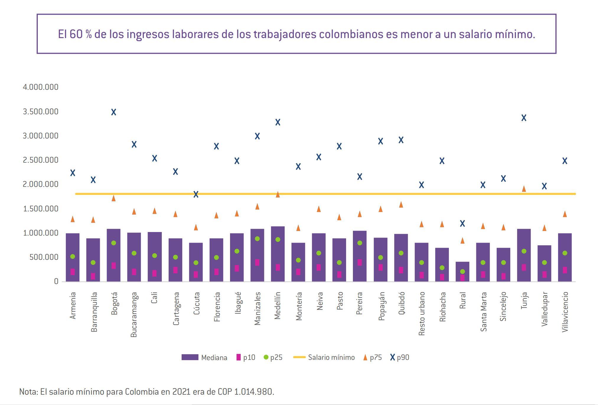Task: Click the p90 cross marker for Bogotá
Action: pyautogui.click(x=114, y=112)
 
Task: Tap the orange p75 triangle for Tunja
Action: pyautogui.click(x=524, y=189)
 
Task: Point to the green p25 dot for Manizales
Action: pyautogui.click(x=257, y=239)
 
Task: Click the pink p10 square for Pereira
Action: pyautogui.click(x=360, y=262)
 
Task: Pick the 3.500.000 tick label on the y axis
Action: pyautogui.click(x=40, y=112)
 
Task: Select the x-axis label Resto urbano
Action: pyautogui.click(x=422, y=313)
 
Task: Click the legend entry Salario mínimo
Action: pyautogui.click(x=331, y=357)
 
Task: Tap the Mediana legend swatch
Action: pyautogui.click(x=190, y=357)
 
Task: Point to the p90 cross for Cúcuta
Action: pyautogui.click(x=196, y=194)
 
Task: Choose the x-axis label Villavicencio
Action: pyautogui.click(x=565, y=312)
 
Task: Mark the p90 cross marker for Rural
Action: pyautogui.click(x=462, y=223)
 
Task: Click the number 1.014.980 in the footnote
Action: pyautogui.click(x=254, y=392)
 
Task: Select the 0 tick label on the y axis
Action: pyautogui.click(x=56, y=281)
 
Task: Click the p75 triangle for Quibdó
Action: pyautogui.click(x=401, y=204)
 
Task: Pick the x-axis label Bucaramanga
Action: pyautogui.click(x=134, y=314)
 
